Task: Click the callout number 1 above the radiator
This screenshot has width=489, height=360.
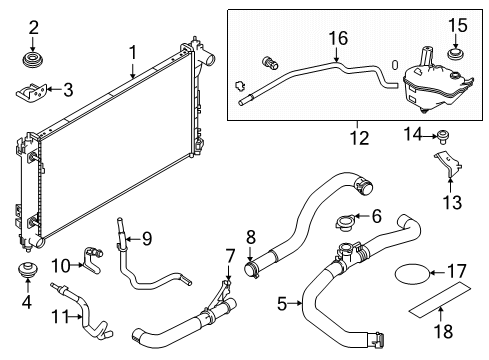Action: (x=132, y=50)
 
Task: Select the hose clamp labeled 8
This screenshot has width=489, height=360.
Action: (x=253, y=267)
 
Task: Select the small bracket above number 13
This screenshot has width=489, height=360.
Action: (x=446, y=166)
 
